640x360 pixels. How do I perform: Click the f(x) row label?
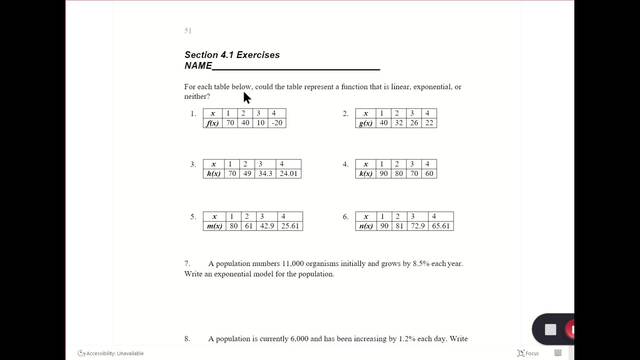pyautogui.click(x=212, y=123)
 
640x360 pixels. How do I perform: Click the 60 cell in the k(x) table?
pyautogui.click(x=427, y=173)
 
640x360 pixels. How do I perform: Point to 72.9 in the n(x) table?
pyautogui.click(x=414, y=226)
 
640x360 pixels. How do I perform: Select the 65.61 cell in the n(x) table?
pyautogui.click(x=440, y=226)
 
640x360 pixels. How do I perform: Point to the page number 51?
pyautogui.click(x=188, y=31)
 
